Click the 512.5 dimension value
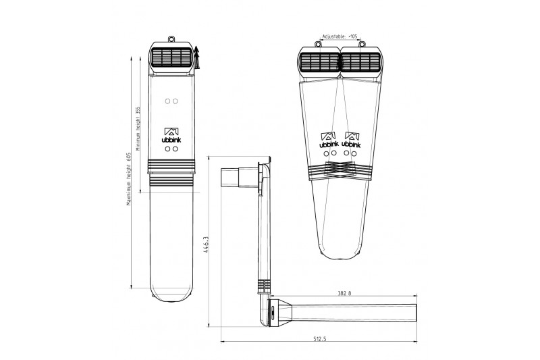click(319, 338)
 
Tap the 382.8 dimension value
click(344, 294)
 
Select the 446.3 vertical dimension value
click(206, 245)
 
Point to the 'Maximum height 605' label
click(129, 179)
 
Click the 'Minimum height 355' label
click(138, 129)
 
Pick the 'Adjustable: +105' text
click(340, 36)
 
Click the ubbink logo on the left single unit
click(171, 135)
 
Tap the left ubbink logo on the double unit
click(329, 140)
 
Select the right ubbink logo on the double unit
click(352, 140)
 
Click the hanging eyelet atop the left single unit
click(171, 39)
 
